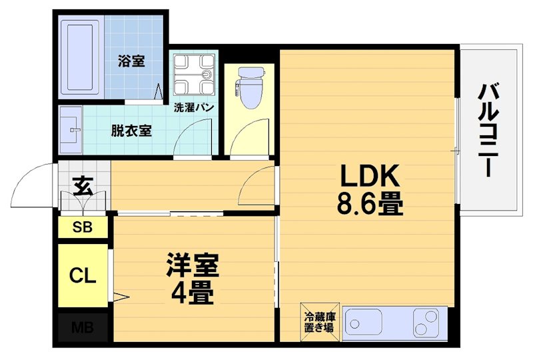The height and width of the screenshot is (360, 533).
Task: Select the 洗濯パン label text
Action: coord(193,107)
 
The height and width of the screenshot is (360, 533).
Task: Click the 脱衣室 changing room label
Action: coord(131,130)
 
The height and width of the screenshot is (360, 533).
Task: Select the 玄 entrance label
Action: coord(83,184)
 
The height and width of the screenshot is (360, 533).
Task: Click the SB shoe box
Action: coord(83,227)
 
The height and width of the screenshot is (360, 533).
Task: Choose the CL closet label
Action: coord(83,275)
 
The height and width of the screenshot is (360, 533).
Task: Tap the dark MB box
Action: coord(83,328)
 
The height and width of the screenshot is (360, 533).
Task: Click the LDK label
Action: coord(370,176)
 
